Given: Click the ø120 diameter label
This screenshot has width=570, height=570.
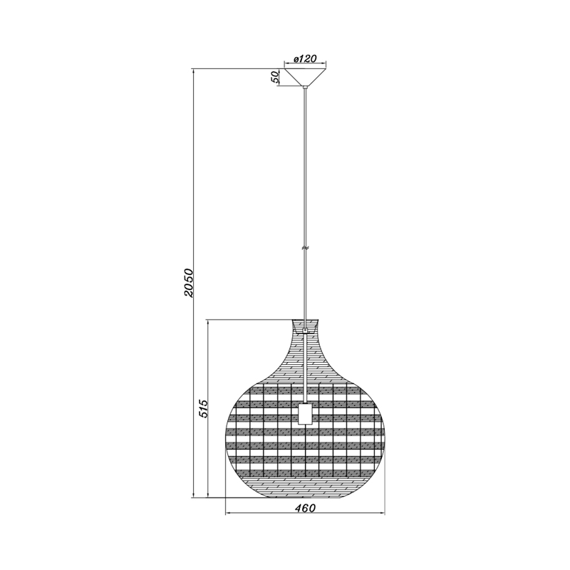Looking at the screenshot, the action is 305,58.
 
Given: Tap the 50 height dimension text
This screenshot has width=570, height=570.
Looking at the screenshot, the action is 275,76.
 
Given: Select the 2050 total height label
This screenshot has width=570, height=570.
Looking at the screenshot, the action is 189,284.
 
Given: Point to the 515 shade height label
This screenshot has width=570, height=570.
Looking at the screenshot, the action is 203,408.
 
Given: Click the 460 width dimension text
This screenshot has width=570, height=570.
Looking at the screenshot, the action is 305,508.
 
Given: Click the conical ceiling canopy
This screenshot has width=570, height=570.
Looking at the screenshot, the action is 305,77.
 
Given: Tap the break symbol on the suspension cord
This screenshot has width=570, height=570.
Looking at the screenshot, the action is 305,248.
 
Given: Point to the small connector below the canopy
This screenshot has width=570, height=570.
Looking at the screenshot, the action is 305,88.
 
